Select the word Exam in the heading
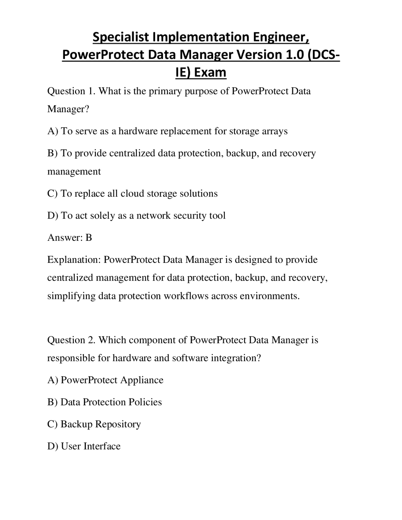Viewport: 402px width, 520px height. coord(210,72)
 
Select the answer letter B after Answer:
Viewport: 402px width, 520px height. coord(89,238)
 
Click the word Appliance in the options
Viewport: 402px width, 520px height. coord(142,380)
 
